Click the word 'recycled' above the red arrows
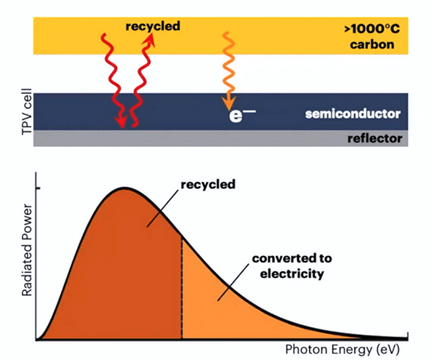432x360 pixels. click(x=153, y=27)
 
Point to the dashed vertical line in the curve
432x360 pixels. click(x=181, y=288)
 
